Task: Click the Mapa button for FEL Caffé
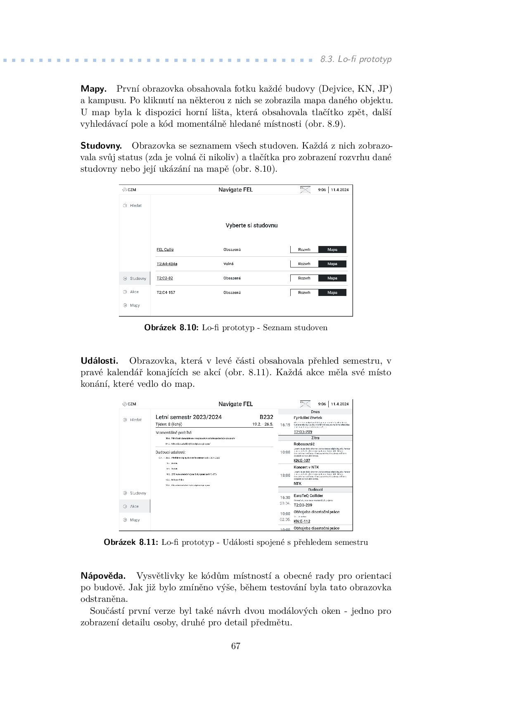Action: pyautogui.click(x=332, y=249)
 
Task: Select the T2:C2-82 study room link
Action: pyautogui.click(x=164, y=278)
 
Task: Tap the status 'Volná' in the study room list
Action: pyautogui.click(x=228, y=264)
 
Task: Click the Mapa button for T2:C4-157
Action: pyautogui.click(x=332, y=293)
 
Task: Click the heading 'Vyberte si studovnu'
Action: pyautogui.click(x=251, y=225)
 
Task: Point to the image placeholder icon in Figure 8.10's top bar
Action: pyautogui.click(x=305, y=190)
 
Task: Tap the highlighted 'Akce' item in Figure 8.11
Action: pyautogui.click(x=135, y=506)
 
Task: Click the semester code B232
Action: pyautogui.click(x=266, y=417)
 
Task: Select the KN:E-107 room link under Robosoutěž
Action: pyautogui.click(x=302, y=460)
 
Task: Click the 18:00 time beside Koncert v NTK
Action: pyautogui.click(x=285, y=475)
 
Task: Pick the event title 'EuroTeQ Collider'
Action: pyautogui.click(x=308, y=496)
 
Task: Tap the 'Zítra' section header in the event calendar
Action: pyautogui.click(x=315, y=438)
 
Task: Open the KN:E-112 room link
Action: pyautogui.click(x=302, y=521)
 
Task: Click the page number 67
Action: pyautogui.click(x=236, y=646)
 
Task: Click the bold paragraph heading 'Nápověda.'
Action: pyautogui.click(x=103, y=576)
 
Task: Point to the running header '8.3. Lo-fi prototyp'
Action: pyautogui.click(x=356, y=59)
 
